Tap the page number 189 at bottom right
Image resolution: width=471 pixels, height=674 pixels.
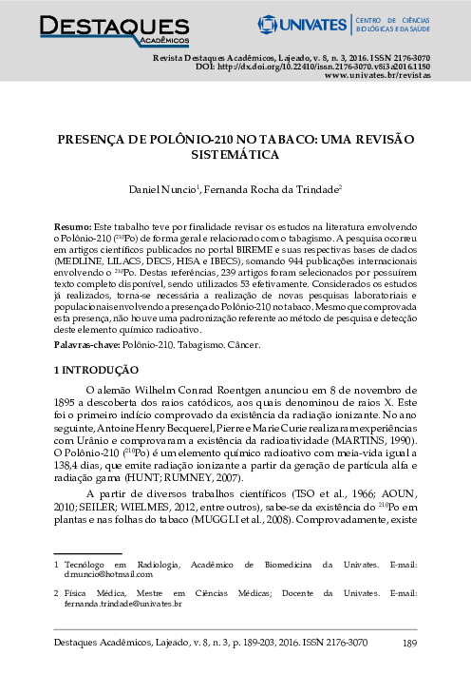[410, 645]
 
